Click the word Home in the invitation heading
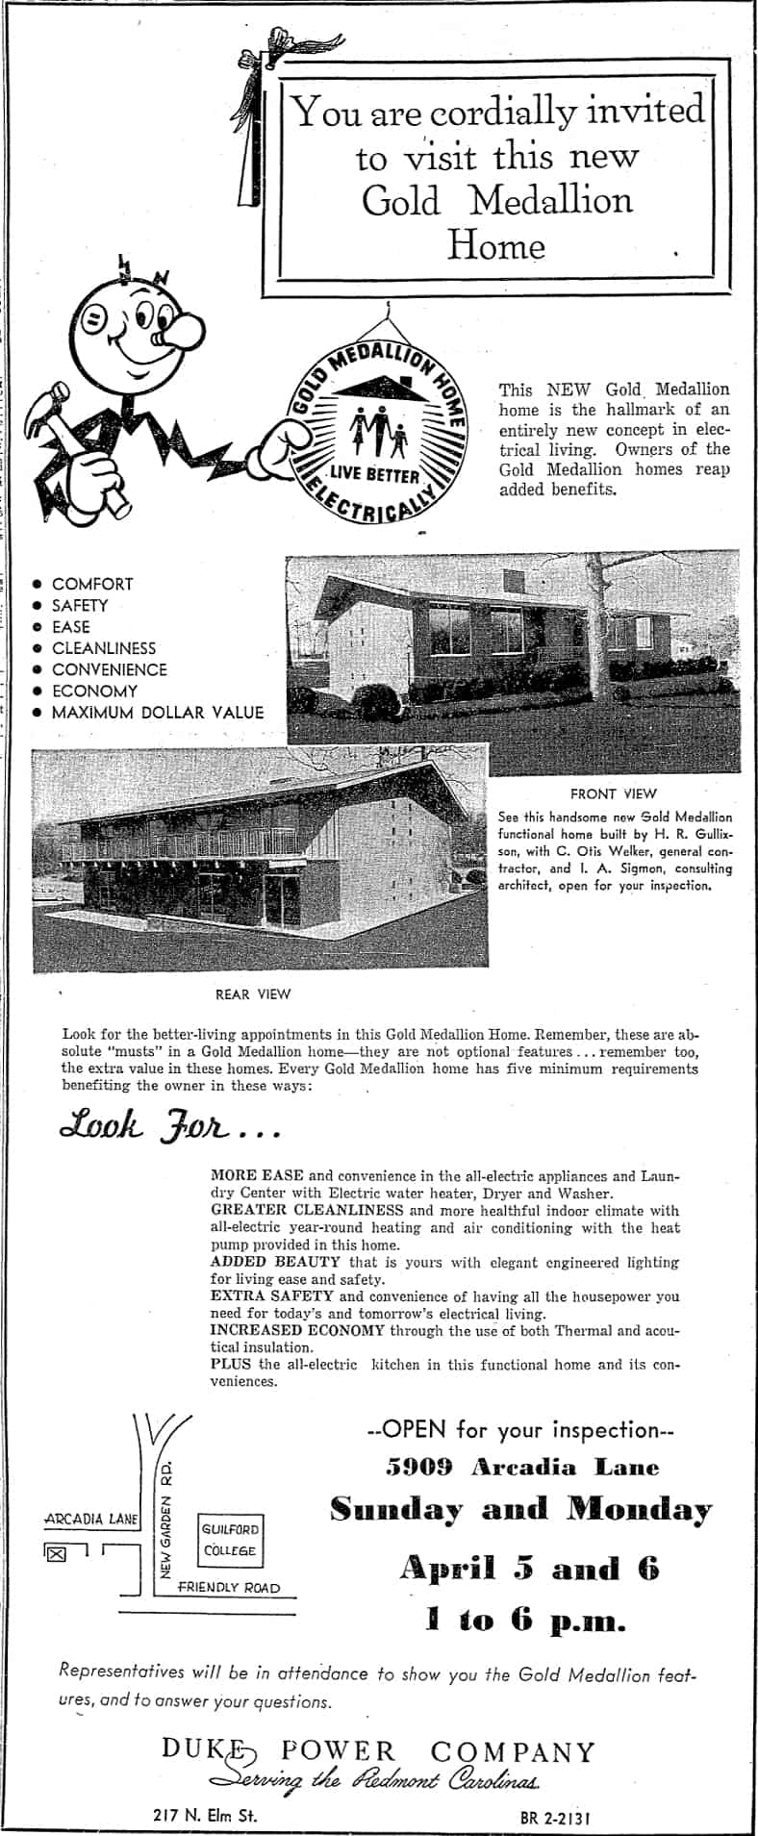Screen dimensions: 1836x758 click(x=496, y=246)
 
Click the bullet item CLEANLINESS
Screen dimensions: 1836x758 click(x=103, y=648)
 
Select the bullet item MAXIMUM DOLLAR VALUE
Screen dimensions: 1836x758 click(x=157, y=713)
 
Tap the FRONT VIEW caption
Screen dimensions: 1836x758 click(x=613, y=793)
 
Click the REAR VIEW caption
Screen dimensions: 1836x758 click(x=253, y=993)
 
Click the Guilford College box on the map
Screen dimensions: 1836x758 click(x=230, y=1539)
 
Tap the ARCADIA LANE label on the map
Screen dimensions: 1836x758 click(x=92, y=1520)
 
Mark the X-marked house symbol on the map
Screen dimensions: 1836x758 click(x=56, y=1552)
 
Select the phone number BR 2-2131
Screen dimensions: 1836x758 click(x=552, y=1818)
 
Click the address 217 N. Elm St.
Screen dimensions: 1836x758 click(x=205, y=1815)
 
